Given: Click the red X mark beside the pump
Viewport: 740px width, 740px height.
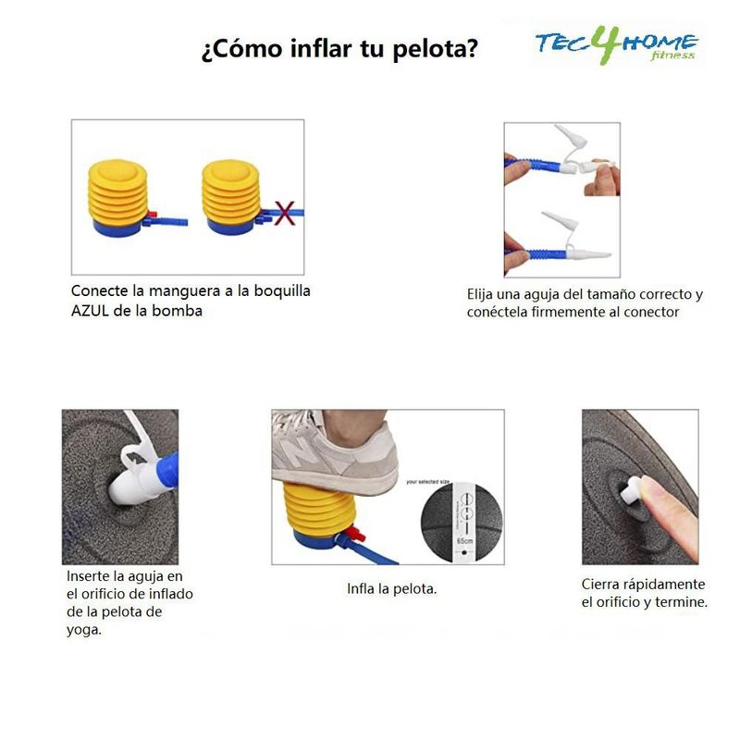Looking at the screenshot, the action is [284, 214].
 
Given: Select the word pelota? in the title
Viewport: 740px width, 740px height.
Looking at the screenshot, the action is [435, 49].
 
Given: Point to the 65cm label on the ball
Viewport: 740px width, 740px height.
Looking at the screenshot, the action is [464, 540].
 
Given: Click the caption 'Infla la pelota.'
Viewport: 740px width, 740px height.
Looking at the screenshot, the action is [391, 588].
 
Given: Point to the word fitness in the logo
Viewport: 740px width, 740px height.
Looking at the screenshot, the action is [672, 55].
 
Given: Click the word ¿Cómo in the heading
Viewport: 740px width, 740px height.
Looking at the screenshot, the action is [242, 49].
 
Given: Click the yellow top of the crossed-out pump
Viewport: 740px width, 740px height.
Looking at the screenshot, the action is [230, 173].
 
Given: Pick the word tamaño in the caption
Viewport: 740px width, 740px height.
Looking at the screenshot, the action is [610, 294].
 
